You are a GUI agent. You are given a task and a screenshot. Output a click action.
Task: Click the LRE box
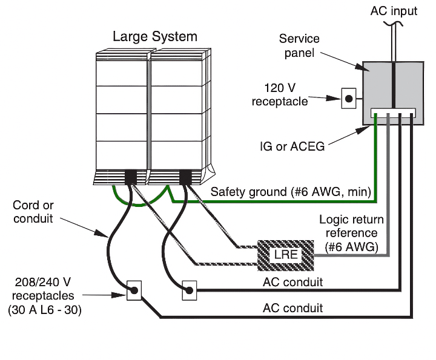point(286,254)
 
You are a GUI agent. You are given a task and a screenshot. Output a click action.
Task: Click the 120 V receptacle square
point(349,97)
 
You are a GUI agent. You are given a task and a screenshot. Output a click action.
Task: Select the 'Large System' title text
point(154,36)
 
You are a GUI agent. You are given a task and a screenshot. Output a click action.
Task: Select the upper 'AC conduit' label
point(292,282)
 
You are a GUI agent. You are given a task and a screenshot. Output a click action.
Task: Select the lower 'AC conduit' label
point(292,308)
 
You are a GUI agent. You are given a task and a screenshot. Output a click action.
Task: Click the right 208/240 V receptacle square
point(190,290)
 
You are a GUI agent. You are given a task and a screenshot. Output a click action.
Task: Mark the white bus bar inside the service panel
point(392,113)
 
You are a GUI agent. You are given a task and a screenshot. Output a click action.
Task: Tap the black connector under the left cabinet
point(131,177)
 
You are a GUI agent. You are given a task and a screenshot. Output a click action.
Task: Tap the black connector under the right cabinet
point(185,177)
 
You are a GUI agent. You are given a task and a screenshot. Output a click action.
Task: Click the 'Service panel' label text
point(299,46)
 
